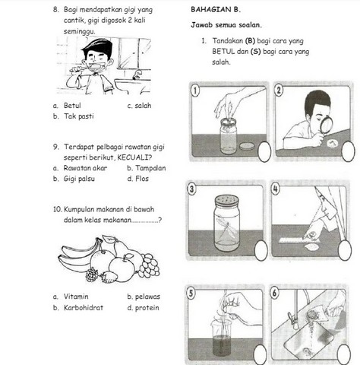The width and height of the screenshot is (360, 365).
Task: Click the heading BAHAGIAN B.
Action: [x=216, y=10]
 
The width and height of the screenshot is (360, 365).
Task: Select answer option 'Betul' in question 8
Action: [x=72, y=106]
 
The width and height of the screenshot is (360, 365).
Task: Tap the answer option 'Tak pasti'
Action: [x=79, y=116]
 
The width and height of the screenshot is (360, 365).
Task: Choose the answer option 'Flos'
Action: [x=142, y=179]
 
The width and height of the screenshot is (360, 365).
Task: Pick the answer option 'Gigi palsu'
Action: [x=79, y=179]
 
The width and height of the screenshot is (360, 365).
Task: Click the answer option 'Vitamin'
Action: [x=76, y=297]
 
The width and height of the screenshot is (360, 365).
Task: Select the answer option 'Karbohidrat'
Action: [x=84, y=308]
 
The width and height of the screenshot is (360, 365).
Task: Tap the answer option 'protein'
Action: [x=147, y=308]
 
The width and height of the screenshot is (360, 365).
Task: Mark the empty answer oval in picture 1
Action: [x=264, y=152]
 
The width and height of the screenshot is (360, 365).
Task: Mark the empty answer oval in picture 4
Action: [x=345, y=250]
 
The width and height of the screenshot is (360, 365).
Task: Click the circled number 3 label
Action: [x=191, y=189]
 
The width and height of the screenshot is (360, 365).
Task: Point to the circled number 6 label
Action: [x=275, y=293]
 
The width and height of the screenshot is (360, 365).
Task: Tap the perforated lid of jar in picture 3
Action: [x=227, y=201]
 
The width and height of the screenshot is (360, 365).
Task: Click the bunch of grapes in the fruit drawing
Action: [x=149, y=265]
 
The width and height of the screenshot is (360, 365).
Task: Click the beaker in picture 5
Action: [x=221, y=337]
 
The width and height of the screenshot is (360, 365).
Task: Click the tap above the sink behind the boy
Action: [x=137, y=75]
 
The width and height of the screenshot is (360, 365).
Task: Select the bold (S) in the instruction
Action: [x=255, y=52]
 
